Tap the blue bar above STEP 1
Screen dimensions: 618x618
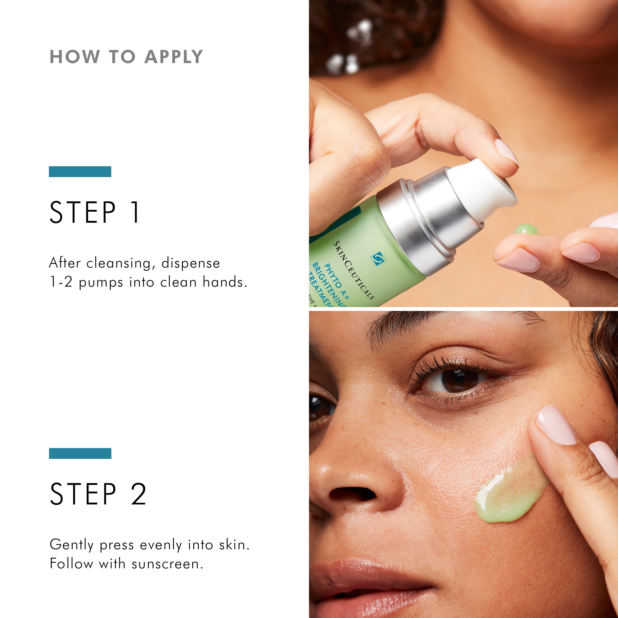pos(80,171)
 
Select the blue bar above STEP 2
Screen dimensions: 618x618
pos(80,453)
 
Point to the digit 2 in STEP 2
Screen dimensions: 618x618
pos(139,494)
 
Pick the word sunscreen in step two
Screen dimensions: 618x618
pos(167,564)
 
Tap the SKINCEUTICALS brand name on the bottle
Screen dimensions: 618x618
pos(354,270)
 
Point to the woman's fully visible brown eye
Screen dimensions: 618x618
pos(456,381)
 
